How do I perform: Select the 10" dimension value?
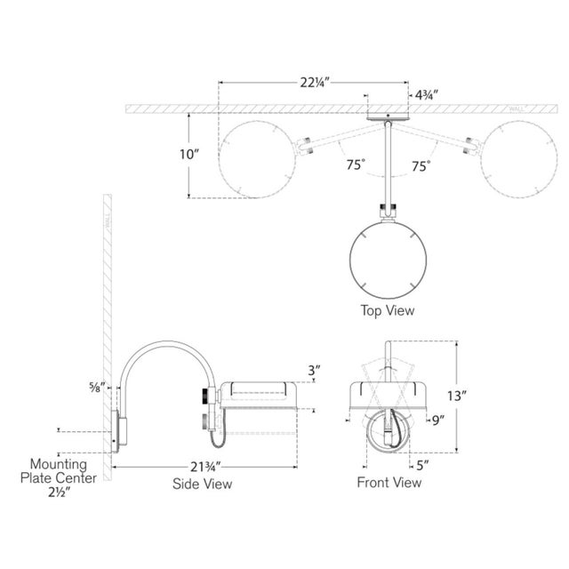click(x=189, y=154)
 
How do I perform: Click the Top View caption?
click(x=387, y=311)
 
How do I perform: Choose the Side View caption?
click(x=202, y=484)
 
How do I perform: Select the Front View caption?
click(x=389, y=483)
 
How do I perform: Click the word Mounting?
click(x=59, y=464)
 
